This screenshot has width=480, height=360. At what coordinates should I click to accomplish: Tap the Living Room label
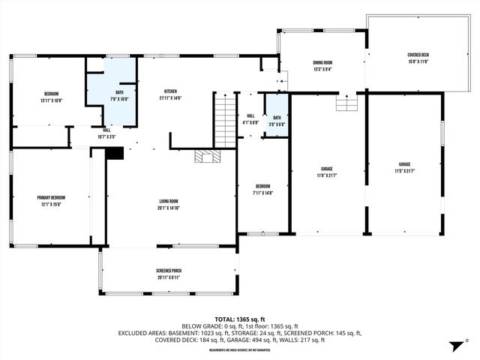pyautogui.click(x=169, y=204)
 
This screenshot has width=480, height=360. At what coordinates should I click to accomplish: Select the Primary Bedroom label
pyautogui.click(x=49, y=201)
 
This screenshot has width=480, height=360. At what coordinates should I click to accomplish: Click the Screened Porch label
pyautogui.click(x=169, y=274)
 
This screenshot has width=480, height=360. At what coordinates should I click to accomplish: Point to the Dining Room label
pyautogui.click(x=322, y=66)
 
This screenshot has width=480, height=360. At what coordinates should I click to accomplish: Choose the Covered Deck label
pyautogui.click(x=418, y=58)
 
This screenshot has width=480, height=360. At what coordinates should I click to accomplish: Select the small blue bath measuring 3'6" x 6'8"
pyautogui.click(x=277, y=121)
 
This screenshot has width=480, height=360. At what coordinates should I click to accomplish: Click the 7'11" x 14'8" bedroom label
pyautogui.click(x=262, y=189)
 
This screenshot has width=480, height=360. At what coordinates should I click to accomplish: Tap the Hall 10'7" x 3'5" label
pyautogui.click(x=107, y=133)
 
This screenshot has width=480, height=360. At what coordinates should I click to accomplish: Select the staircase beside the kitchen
pyautogui.click(x=225, y=120)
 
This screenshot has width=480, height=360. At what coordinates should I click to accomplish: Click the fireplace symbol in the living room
pyautogui.click(x=205, y=156)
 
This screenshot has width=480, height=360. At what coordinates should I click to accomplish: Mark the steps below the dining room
pyautogui.click(x=346, y=103)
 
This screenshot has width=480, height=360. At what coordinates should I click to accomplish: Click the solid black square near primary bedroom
pyautogui.click(x=114, y=153)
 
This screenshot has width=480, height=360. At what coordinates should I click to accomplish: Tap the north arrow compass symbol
pyautogui.click(x=454, y=346)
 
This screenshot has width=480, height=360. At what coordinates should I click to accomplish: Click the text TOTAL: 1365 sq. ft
pyautogui.click(x=240, y=319)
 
